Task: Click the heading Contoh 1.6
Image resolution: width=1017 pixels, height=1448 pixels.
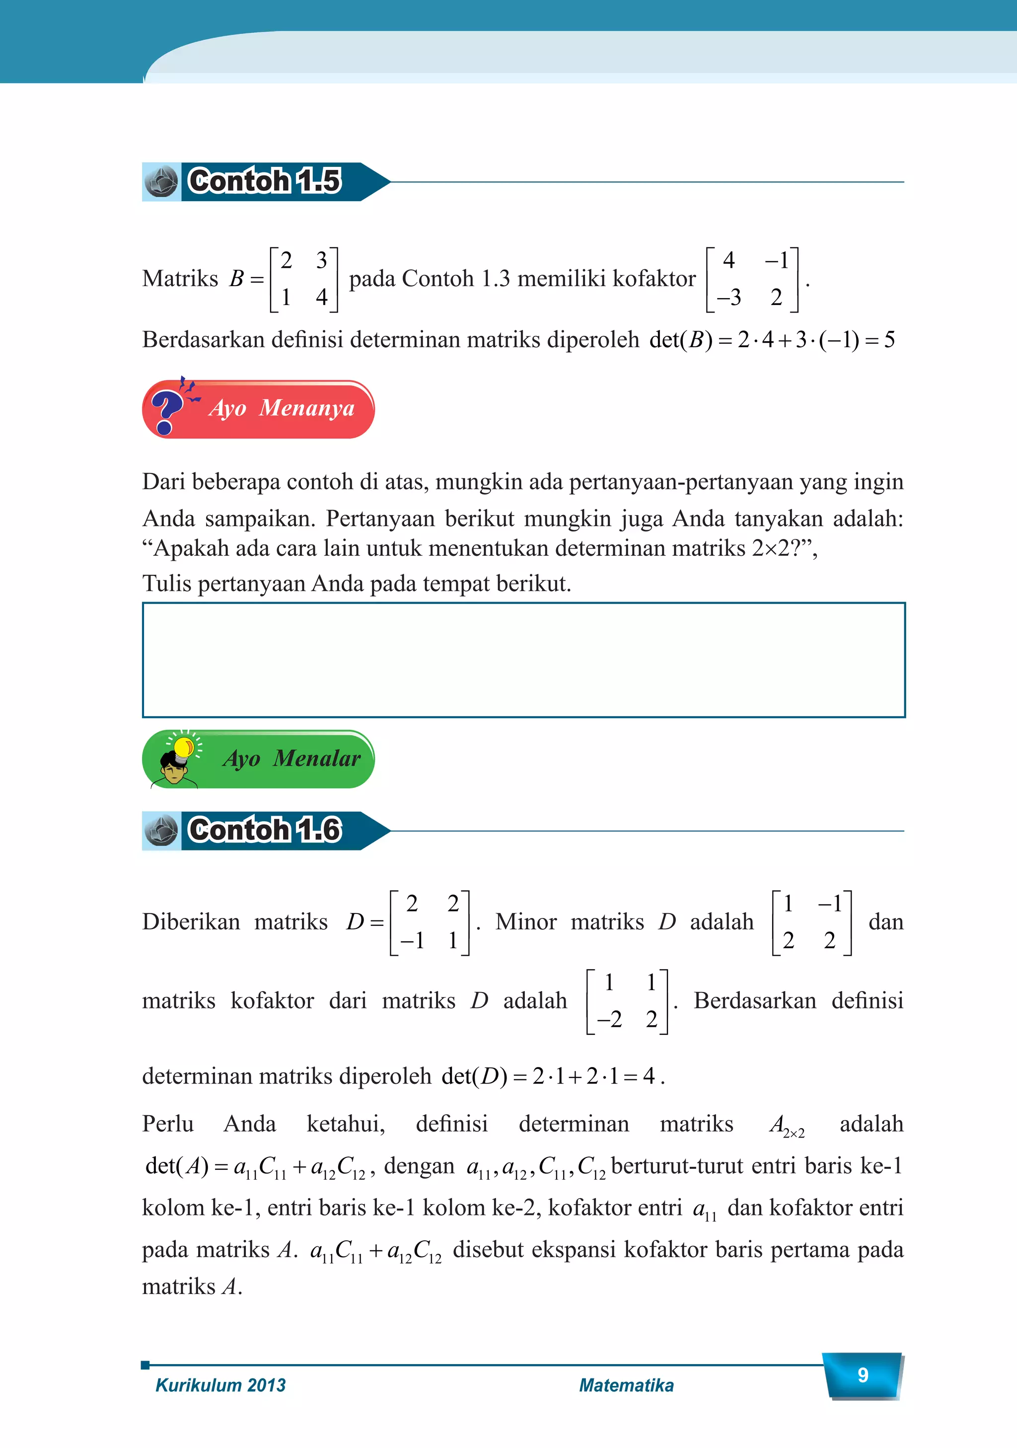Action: (264, 830)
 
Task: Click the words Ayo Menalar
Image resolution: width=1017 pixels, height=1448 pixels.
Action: (291, 758)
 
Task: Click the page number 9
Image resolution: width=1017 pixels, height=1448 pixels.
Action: (863, 1375)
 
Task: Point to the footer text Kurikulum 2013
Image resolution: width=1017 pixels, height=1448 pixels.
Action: (220, 1385)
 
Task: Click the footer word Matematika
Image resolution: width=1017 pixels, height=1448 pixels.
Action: (626, 1385)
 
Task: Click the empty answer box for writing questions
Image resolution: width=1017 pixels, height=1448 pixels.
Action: (523, 660)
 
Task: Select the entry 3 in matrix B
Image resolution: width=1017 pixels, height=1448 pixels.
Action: (322, 260)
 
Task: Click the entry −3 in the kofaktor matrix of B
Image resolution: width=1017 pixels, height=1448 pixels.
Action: (729, 297)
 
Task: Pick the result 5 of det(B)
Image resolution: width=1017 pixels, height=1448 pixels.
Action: (889, 340)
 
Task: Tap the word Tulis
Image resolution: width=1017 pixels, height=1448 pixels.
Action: (166, 583)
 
